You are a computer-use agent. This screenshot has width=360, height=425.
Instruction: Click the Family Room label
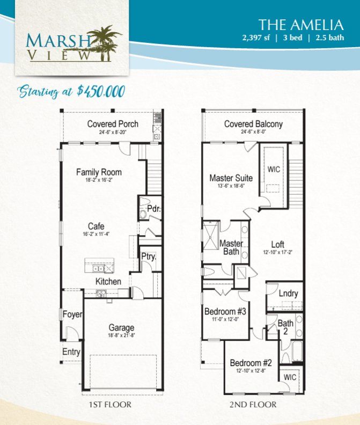[x=99, y=172]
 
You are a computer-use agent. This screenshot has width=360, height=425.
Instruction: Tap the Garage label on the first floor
[x=121, y=328]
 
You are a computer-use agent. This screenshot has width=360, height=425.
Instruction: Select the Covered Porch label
[x=113, y=124]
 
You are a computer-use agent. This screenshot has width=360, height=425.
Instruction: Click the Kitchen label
[x=108, y=282]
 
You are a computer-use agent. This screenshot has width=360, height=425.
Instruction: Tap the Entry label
[x=71, y=353]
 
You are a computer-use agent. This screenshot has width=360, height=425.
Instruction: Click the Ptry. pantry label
[x=148, y=257]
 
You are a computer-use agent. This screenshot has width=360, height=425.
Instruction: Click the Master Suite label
[x=231, y=178]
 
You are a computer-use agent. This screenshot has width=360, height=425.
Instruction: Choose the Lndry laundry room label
[x=288, y=293]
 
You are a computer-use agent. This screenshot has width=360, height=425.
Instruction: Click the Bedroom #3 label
[x=225, y=311]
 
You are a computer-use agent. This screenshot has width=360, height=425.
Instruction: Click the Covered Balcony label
[x=253, y=124]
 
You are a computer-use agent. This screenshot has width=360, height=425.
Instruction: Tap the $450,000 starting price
[x=101, y=91]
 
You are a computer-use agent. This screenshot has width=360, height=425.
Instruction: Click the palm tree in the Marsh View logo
[x=105, y=40]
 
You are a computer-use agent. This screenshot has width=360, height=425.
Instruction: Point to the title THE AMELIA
[x=300, y=25]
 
